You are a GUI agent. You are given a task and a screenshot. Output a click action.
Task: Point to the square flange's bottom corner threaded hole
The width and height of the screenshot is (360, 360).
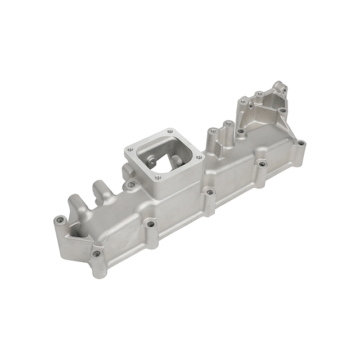pos(158,178)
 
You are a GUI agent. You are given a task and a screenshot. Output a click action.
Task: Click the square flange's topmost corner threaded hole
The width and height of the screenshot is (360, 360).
pos(170,133)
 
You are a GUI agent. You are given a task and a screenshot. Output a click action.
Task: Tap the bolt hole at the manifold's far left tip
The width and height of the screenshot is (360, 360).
pos(59,220)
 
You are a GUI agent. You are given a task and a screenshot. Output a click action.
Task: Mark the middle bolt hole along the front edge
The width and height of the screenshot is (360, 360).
pos(210,192)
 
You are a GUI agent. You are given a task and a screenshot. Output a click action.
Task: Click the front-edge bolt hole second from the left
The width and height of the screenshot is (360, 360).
pos(150,224)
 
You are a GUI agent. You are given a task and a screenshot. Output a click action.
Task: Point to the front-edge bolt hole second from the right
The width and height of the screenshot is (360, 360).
pos(261,164)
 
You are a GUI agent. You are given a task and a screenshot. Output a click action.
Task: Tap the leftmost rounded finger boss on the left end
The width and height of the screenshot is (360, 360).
pos(73,200)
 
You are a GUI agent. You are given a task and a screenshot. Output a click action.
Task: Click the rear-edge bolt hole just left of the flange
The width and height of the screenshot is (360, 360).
pos(130,184)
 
